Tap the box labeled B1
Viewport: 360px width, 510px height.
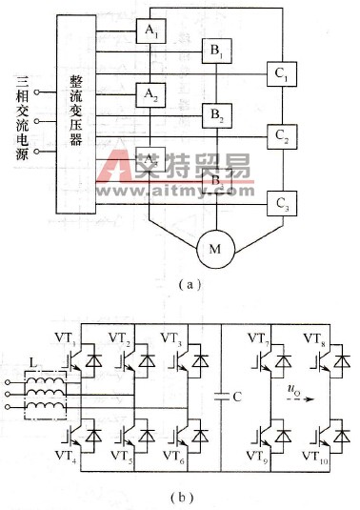point(215,52)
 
